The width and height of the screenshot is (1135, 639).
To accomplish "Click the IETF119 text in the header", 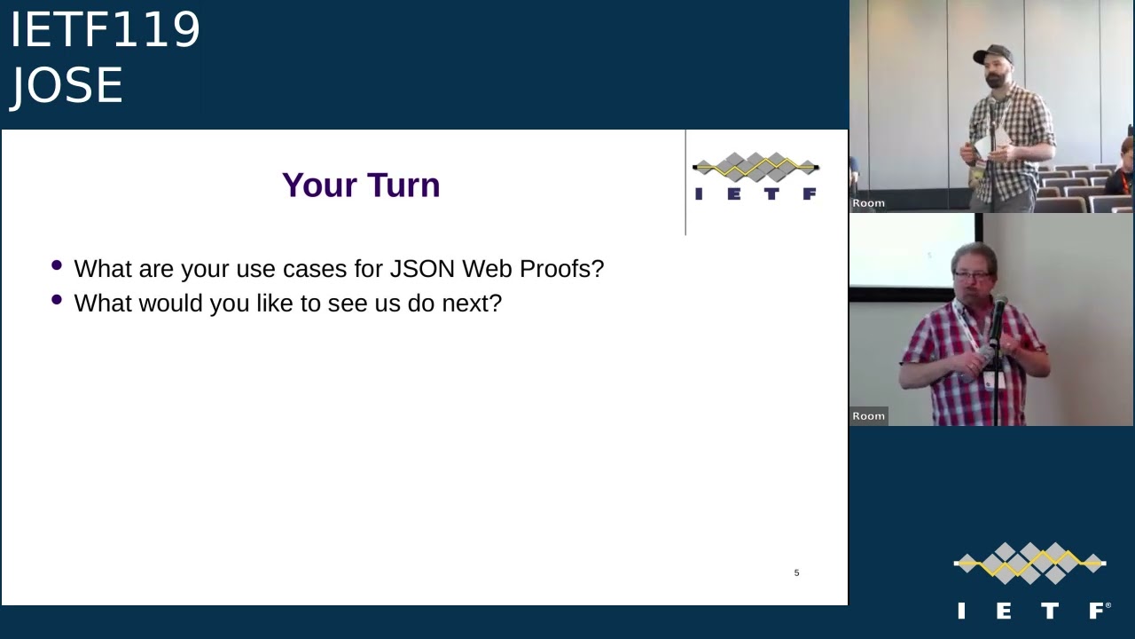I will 105,30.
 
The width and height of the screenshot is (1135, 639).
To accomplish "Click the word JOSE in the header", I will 67,86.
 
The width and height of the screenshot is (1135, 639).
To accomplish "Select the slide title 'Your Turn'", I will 361,185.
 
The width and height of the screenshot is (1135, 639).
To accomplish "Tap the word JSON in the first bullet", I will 422,269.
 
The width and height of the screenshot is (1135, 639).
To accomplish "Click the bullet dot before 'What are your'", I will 58,265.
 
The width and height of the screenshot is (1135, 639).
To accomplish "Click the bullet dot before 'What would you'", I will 58,300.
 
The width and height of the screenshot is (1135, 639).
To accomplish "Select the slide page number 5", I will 796,573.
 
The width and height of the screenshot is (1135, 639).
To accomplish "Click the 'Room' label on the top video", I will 868,203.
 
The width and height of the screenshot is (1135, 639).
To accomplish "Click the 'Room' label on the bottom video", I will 868,416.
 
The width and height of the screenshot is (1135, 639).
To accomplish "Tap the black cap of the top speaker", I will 993,54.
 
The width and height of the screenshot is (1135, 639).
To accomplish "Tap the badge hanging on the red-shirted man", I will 988,380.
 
